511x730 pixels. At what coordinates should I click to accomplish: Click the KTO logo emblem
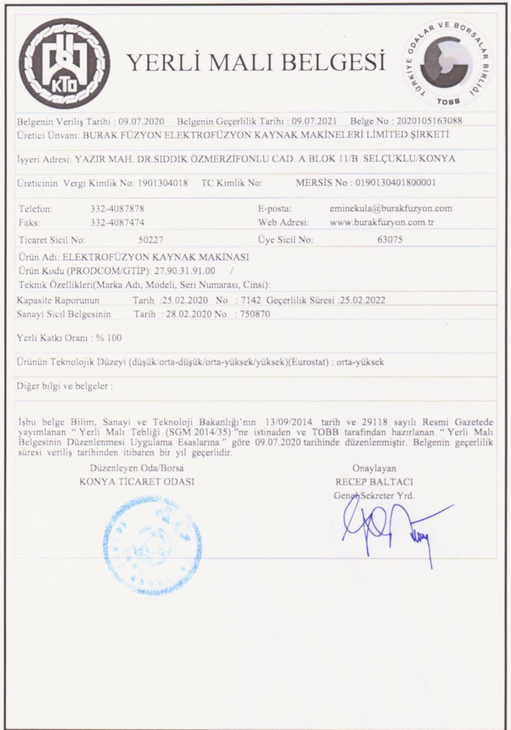tap(67, 62)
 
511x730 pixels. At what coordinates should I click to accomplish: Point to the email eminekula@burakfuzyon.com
tap(391, 208)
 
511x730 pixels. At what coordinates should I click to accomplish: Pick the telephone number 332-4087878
tap(117, 209)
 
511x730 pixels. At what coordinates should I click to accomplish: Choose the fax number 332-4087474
tap(117, 222)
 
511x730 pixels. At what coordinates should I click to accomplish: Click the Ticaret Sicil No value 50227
tap(151, 240)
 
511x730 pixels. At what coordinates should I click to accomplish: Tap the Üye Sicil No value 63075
tap(390, 240)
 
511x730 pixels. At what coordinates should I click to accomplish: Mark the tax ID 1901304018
tap(163, 183)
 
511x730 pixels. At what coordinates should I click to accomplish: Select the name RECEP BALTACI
tap(374, 482)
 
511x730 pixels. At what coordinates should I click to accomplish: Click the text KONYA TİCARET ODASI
tap(137, 482)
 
